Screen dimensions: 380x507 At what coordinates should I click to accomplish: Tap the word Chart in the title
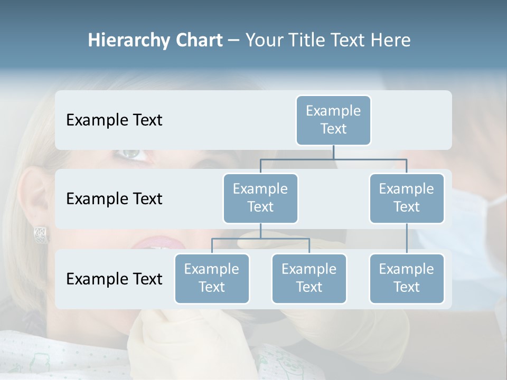pos(198,41)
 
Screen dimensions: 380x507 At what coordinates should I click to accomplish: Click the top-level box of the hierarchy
pos(333,120)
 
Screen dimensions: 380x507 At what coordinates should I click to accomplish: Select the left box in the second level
pos(260,198)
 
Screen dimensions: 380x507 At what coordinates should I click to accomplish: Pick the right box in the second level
pos(407,198)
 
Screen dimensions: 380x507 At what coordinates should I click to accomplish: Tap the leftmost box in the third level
pos(212,279)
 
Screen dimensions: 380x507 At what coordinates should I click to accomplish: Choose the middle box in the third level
pos(309,279)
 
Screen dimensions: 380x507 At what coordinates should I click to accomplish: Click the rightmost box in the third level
pos(407,279)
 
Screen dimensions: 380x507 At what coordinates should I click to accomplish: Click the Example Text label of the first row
pos(114,120)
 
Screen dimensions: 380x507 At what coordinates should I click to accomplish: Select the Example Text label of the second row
pos(114,199)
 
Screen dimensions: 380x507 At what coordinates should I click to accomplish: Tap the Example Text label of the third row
pos(114,279)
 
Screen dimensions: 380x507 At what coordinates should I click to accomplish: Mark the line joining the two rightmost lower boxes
pos(407,239)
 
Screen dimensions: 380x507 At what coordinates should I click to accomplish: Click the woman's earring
pos(41,233)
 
